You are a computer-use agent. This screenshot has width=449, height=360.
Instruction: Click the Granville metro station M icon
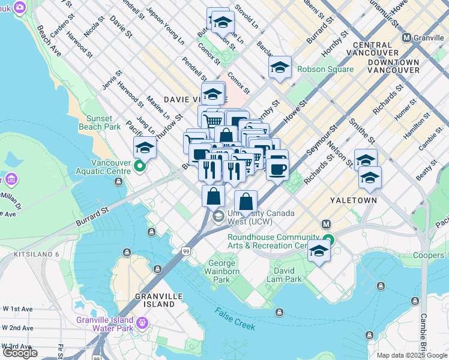coord(407,37)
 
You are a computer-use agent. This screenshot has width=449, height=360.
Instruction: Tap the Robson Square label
coord(323,69)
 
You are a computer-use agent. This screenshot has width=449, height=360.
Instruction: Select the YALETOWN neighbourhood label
coord(354,200)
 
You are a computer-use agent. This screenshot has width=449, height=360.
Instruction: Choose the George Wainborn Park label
coord(223,271)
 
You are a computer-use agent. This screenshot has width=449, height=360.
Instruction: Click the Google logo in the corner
coord(20,353)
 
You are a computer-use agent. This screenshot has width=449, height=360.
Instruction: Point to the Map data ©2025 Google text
coord(412,355)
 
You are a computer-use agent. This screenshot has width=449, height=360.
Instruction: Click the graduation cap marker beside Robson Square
coord(280,67)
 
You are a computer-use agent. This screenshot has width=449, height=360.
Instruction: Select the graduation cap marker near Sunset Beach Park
coord(145,147)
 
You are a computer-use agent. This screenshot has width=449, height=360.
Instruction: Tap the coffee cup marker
coord(277,169)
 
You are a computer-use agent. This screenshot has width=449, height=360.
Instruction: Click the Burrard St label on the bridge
coord(91,217)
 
